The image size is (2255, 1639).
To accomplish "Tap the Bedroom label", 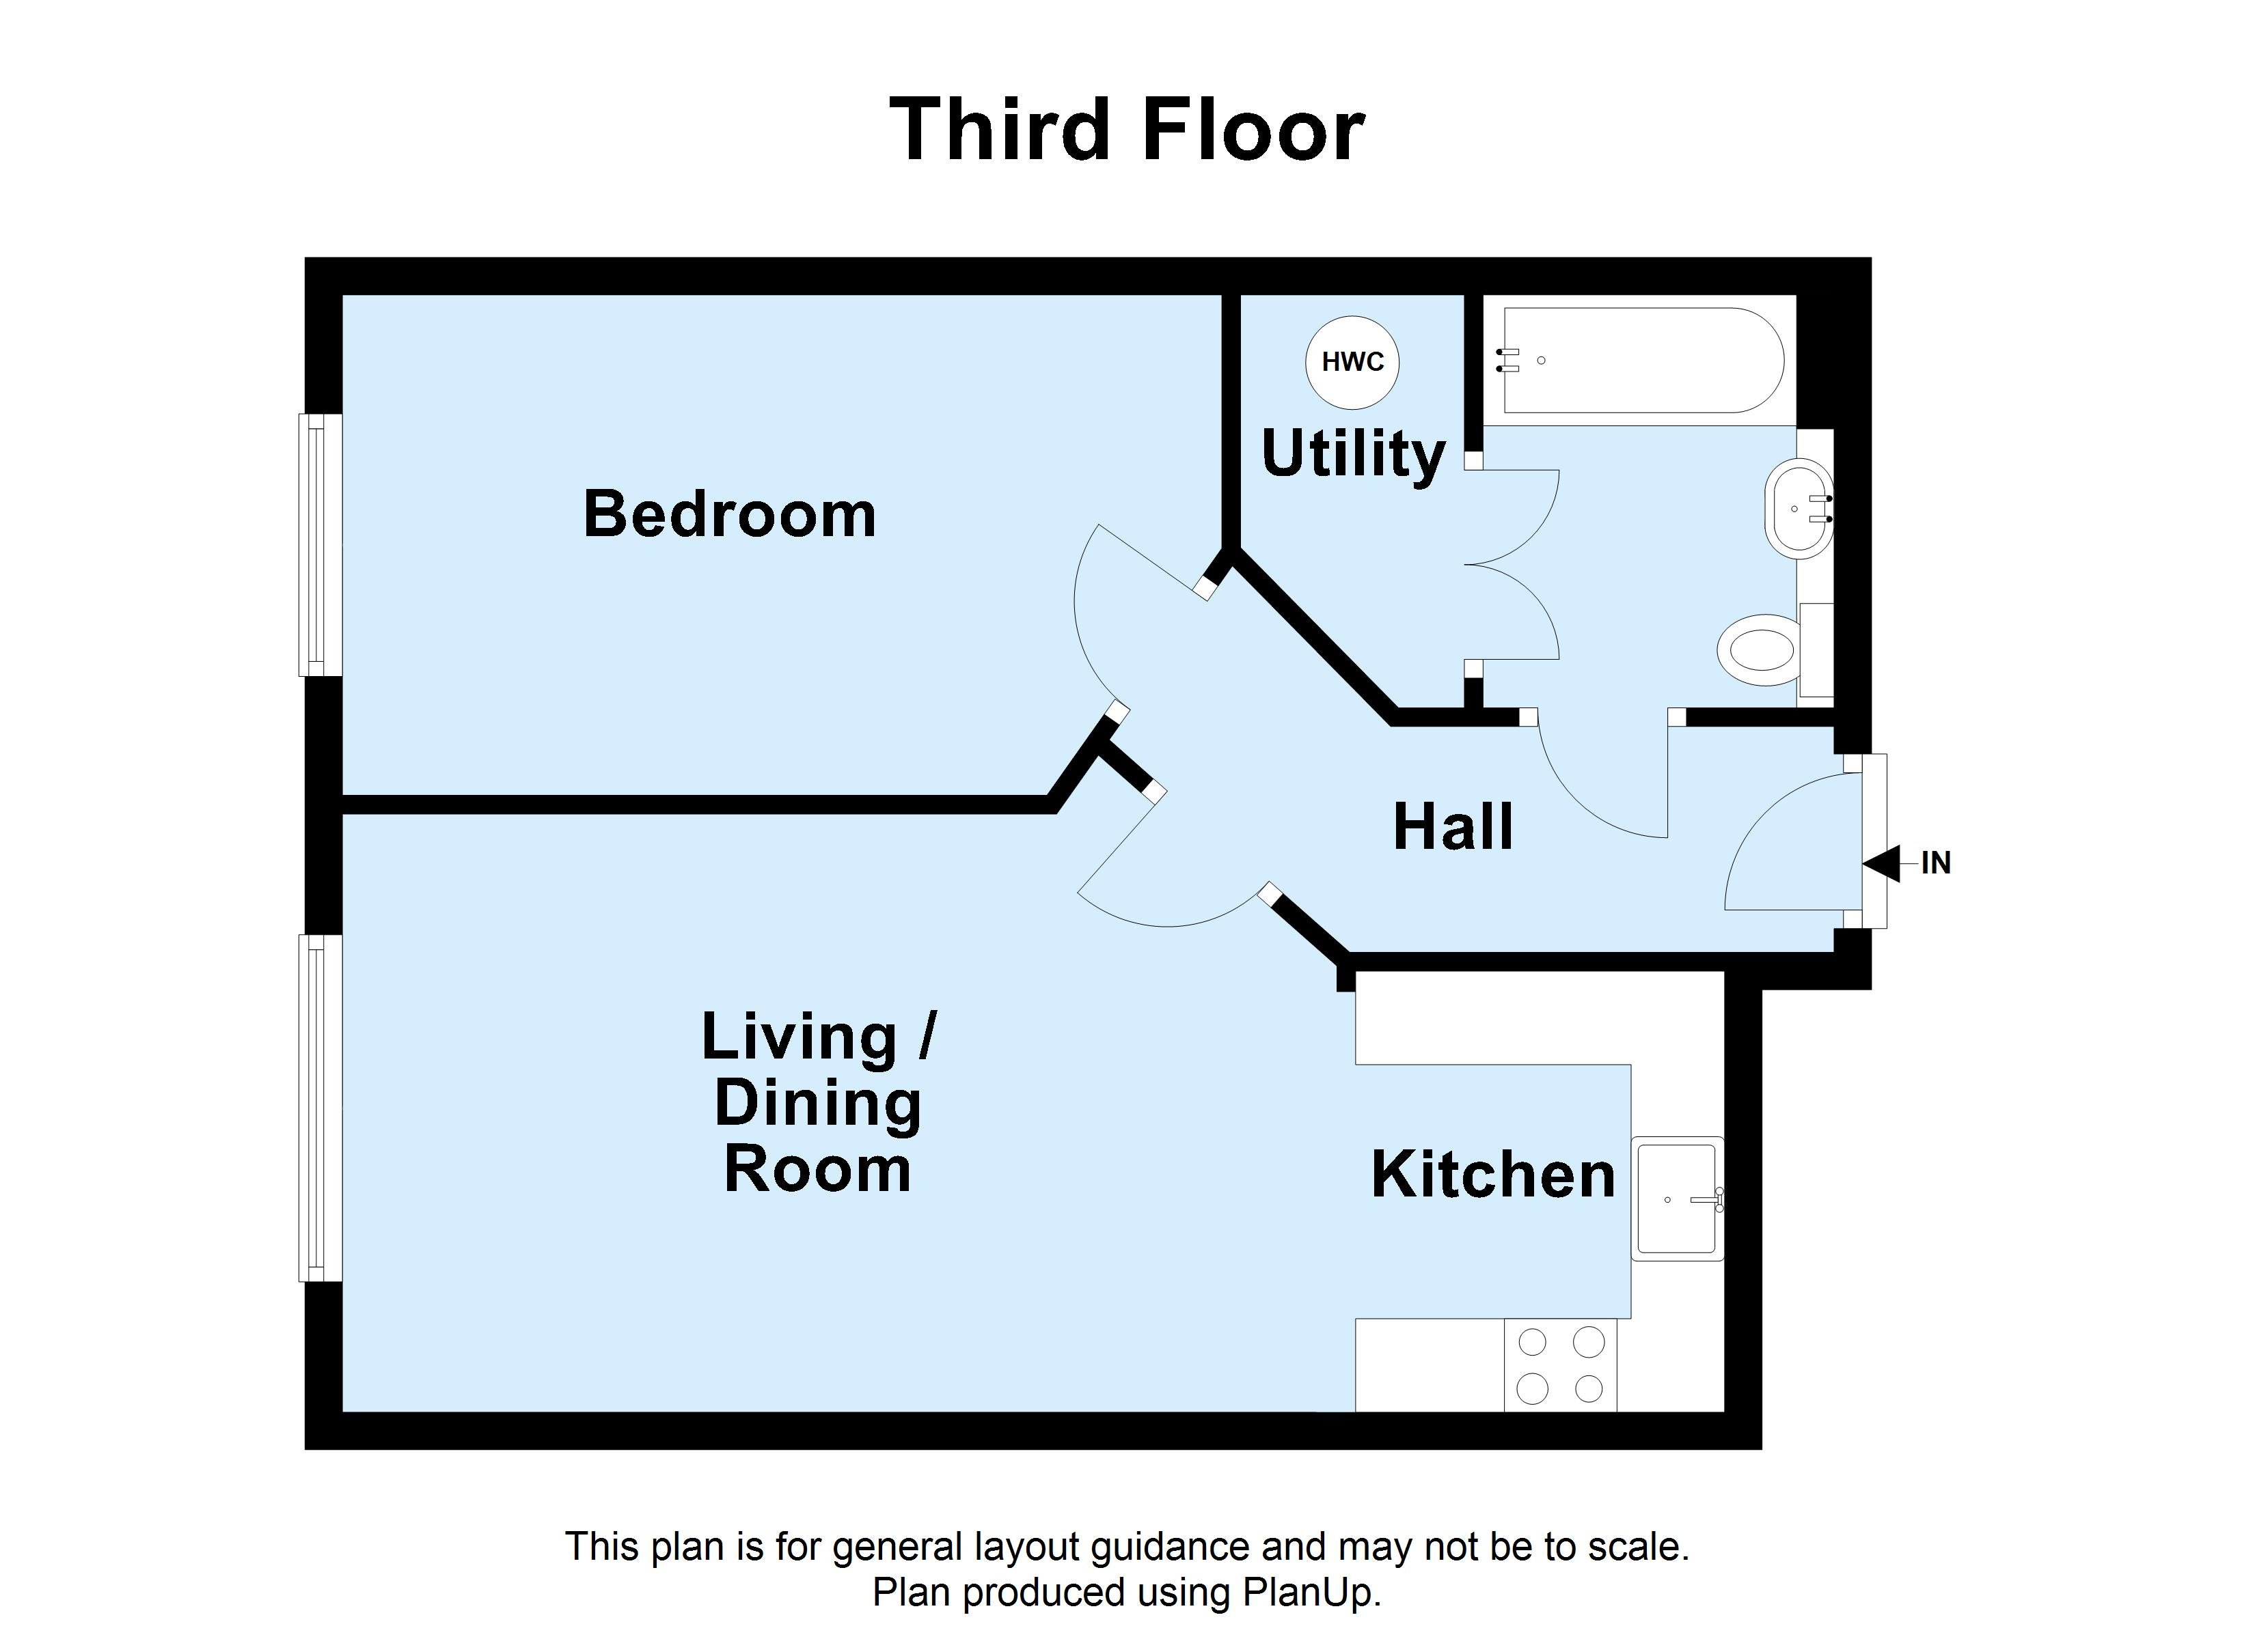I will click(729, 515).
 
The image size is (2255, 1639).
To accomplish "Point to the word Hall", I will click(1453, 827).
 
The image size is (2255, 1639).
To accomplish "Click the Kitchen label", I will click(1492, 1175).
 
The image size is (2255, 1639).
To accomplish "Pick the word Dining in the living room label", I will click(817, 1104).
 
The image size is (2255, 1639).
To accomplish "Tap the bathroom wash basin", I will click(1798, 508).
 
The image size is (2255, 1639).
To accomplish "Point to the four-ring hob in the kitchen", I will click(1560, 1364).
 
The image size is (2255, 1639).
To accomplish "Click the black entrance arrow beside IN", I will click(1882, 863).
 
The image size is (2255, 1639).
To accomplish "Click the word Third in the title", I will click(999, 130).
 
